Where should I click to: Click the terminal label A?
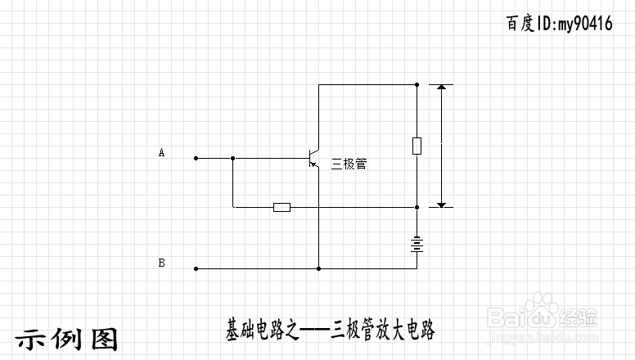tap(161, 152)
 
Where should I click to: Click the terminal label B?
tap(161, 263)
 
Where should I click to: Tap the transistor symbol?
tap(313, 158)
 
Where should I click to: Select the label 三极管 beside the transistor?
tap(349, 164)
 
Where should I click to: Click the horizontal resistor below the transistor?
tap(281, 207)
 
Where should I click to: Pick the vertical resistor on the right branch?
tap(417, 146)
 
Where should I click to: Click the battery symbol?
tap(417, 243)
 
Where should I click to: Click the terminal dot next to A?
tap(196, 157)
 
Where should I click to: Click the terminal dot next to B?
tap(196, 268)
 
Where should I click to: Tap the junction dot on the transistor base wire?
tap(233, 157)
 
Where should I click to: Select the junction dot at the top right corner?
tap(417, 83)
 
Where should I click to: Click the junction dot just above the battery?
tap(417, 207)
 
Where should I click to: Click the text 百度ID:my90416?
tap(560, 24)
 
